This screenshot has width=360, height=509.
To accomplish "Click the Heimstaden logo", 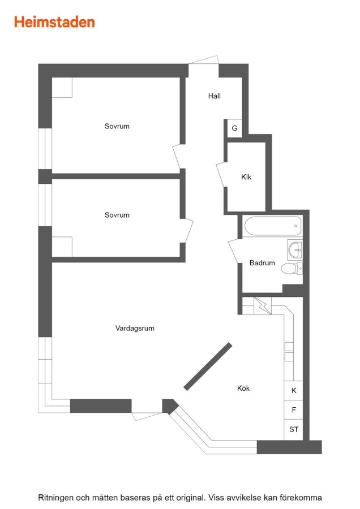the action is (54, 22).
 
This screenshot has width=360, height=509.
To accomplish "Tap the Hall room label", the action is (215, 96).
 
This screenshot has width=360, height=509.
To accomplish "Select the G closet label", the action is (234, 128).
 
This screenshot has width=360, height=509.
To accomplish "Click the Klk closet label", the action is (246, 177).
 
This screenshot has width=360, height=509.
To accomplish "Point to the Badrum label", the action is (262, 263).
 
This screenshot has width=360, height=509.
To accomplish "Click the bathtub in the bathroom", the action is (273, 226).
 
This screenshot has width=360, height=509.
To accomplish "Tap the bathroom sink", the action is (295, 249).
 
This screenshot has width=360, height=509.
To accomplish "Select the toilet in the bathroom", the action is (292, 269).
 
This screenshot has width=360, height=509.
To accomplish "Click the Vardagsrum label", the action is (135, 328).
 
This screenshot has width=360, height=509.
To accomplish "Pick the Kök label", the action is (243, 388).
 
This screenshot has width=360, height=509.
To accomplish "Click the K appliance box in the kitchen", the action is (294, 390).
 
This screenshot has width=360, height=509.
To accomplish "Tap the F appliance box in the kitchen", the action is (294, 410).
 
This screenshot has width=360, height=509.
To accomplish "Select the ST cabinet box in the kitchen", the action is (294, 430).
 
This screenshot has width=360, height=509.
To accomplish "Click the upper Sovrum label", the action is (117, 126).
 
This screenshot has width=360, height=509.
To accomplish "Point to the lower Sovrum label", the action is (117, 215).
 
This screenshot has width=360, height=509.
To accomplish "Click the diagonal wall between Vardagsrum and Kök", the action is (208, 366).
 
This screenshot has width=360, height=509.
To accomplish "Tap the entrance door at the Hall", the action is (204, 60).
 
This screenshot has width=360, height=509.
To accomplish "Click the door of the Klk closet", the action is (220, 174).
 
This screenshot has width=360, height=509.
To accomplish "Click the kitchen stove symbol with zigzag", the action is (263, 306).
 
